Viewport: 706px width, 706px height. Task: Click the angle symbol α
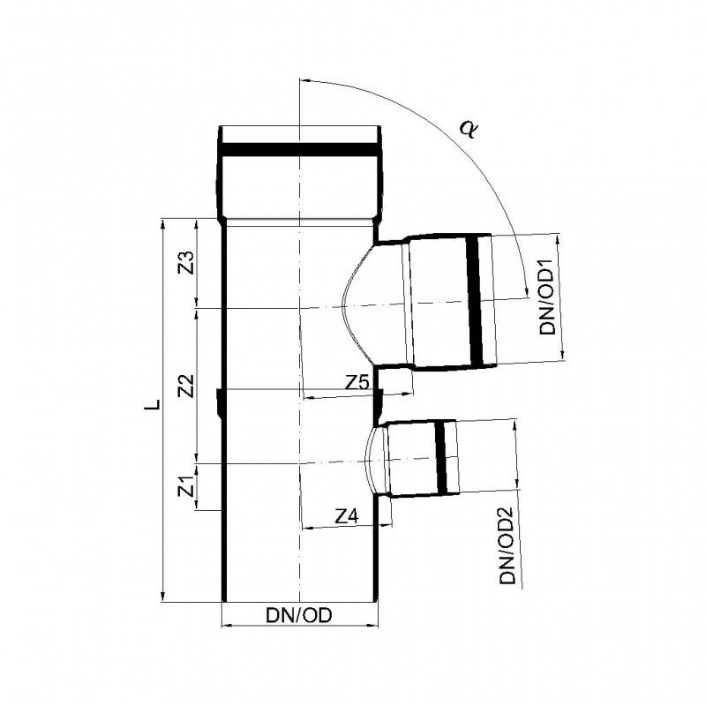pyautogui.click(x=469, y=129)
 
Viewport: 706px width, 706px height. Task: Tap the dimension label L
pyautogui.click(x=153, y=406)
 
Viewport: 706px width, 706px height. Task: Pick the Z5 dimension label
pyautogui.click(x=357, y=383)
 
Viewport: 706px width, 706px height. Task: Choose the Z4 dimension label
pyautogui.click(x=348, y=517)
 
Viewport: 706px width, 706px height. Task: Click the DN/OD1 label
pyautogui.click(x=546, y=297)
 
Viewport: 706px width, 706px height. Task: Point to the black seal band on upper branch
pyautogui.click(x=477, y=300)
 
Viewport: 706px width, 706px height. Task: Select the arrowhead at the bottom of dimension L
pyautogui.click(x=162, y=597)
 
